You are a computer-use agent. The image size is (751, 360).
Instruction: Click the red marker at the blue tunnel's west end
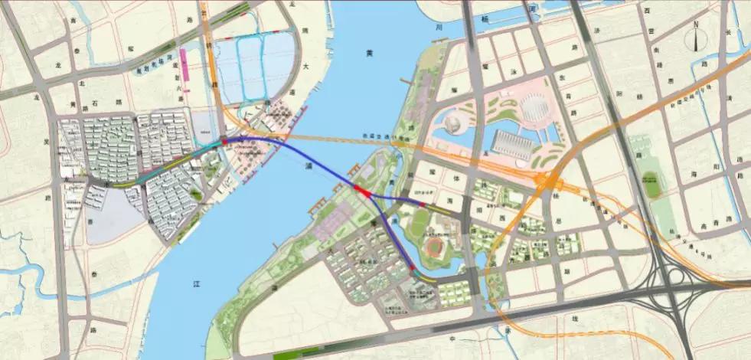click(x=223, y=140)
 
